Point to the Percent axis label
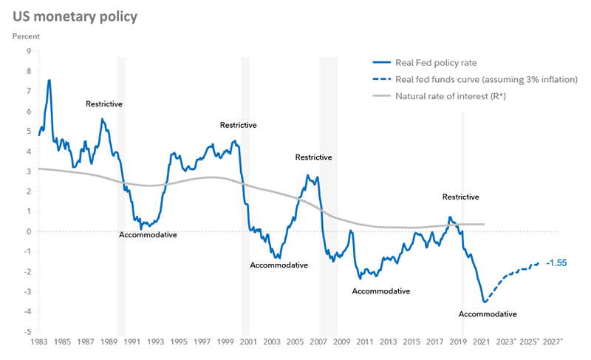27,35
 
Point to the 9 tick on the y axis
28,51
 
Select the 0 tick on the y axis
28,231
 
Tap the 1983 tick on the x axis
40,342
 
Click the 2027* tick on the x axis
553,342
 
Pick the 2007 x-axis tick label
318,342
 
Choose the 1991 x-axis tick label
133,342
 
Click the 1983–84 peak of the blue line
49,80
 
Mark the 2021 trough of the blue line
485,302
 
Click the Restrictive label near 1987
104,104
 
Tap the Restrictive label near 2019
461,197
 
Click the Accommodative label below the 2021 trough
488,314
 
